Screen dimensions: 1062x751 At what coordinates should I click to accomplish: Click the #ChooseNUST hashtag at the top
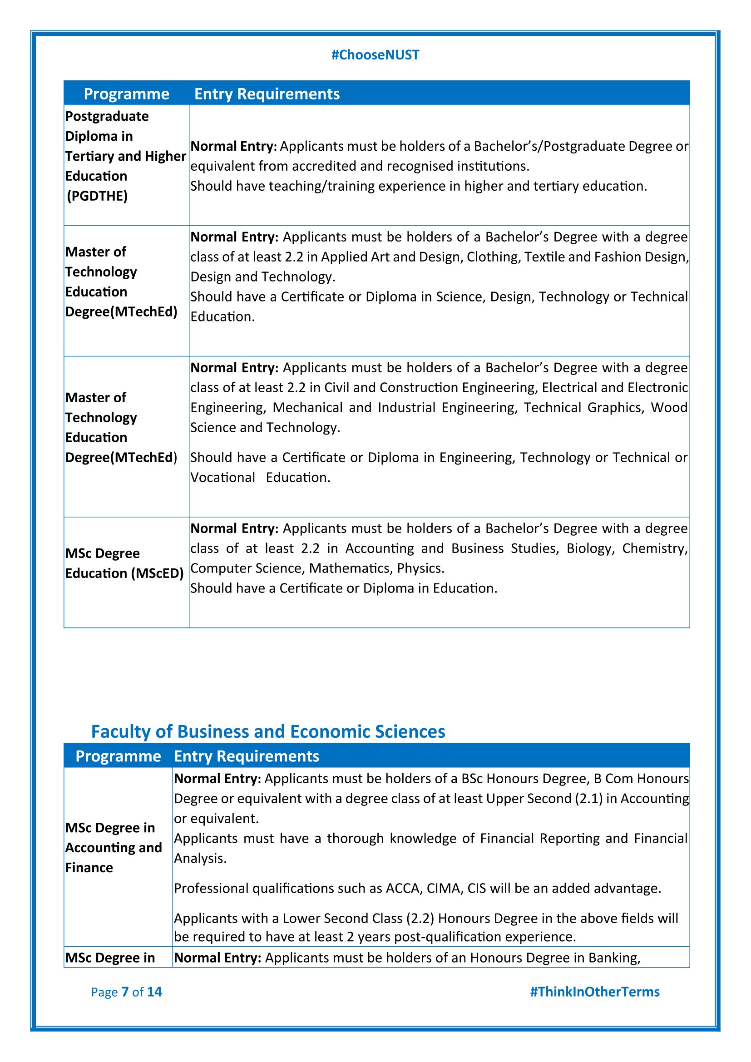375,55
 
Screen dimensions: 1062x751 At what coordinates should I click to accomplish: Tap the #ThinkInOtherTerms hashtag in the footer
595,992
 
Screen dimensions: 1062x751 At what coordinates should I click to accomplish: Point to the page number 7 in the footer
125,992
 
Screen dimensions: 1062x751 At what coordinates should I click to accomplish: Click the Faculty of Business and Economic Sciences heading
268,731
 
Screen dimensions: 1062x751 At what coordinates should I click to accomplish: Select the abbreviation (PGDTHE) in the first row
97,196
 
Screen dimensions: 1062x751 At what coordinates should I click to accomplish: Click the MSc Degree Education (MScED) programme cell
124,563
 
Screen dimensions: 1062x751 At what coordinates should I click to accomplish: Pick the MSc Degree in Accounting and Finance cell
114,847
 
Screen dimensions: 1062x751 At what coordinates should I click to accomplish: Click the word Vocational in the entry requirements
222,477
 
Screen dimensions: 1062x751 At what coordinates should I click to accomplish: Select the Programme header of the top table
126,94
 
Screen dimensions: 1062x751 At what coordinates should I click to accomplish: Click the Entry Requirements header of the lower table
247,756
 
